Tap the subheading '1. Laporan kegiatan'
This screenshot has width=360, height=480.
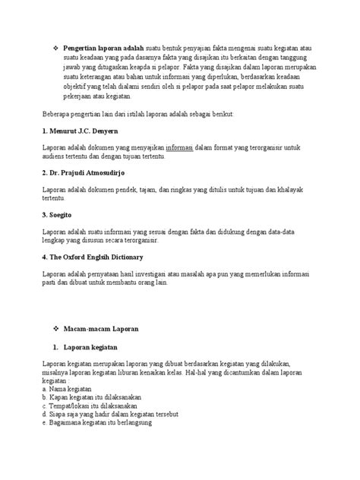click(87, 349)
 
